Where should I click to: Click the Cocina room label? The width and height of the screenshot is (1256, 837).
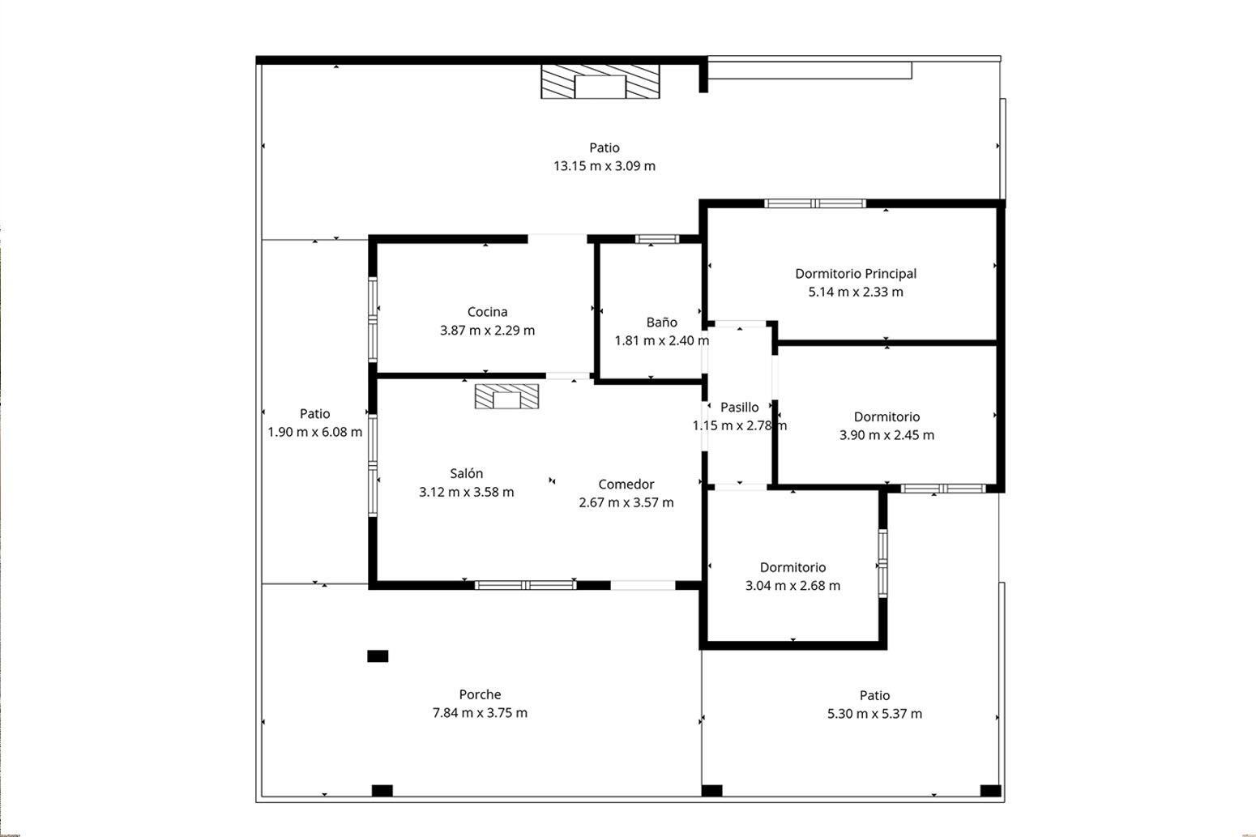click(x=487, y=312)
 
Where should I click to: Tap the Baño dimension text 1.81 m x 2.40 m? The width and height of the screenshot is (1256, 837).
click(x=661, y=340)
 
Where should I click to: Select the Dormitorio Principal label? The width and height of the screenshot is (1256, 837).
click(x=855, y=274)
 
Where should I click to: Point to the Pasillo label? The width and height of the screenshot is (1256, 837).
click(x=739, y=407)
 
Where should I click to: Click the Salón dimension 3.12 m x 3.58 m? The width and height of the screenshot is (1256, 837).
click(x=466, y=492)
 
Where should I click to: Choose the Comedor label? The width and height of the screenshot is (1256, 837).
click(x=626, y=484)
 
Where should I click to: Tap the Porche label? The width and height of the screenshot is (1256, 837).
click(x=480, y=694)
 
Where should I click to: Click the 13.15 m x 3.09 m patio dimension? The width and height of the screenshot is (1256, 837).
click(x=604, y=166)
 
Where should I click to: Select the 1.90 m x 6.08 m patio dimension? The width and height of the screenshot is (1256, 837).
click(x=314, y=432)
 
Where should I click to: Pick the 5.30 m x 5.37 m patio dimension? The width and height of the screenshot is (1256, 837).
click(x=874, y=714)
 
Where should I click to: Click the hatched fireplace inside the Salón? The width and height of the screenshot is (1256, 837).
click(x=506, y=397)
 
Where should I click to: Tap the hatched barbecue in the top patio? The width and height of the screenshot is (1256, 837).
click(x=600, y=83)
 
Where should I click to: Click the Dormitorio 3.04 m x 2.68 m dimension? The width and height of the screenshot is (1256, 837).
click(x=792, y=586)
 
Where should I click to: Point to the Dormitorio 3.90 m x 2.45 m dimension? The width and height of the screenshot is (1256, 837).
click(x=886, y=435)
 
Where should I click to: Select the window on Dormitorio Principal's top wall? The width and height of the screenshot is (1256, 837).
click(x=815, y=203)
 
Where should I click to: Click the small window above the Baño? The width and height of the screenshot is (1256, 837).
click(x=656, y=239)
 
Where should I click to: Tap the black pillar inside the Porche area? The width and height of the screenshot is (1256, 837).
click(x=378, y=656)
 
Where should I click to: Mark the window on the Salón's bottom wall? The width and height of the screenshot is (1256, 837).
click(x=525, y=585)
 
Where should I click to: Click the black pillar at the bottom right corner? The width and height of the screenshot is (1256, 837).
click(x=990, y=791)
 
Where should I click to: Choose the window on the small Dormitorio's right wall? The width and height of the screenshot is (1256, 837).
click(x=882, y=563)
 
